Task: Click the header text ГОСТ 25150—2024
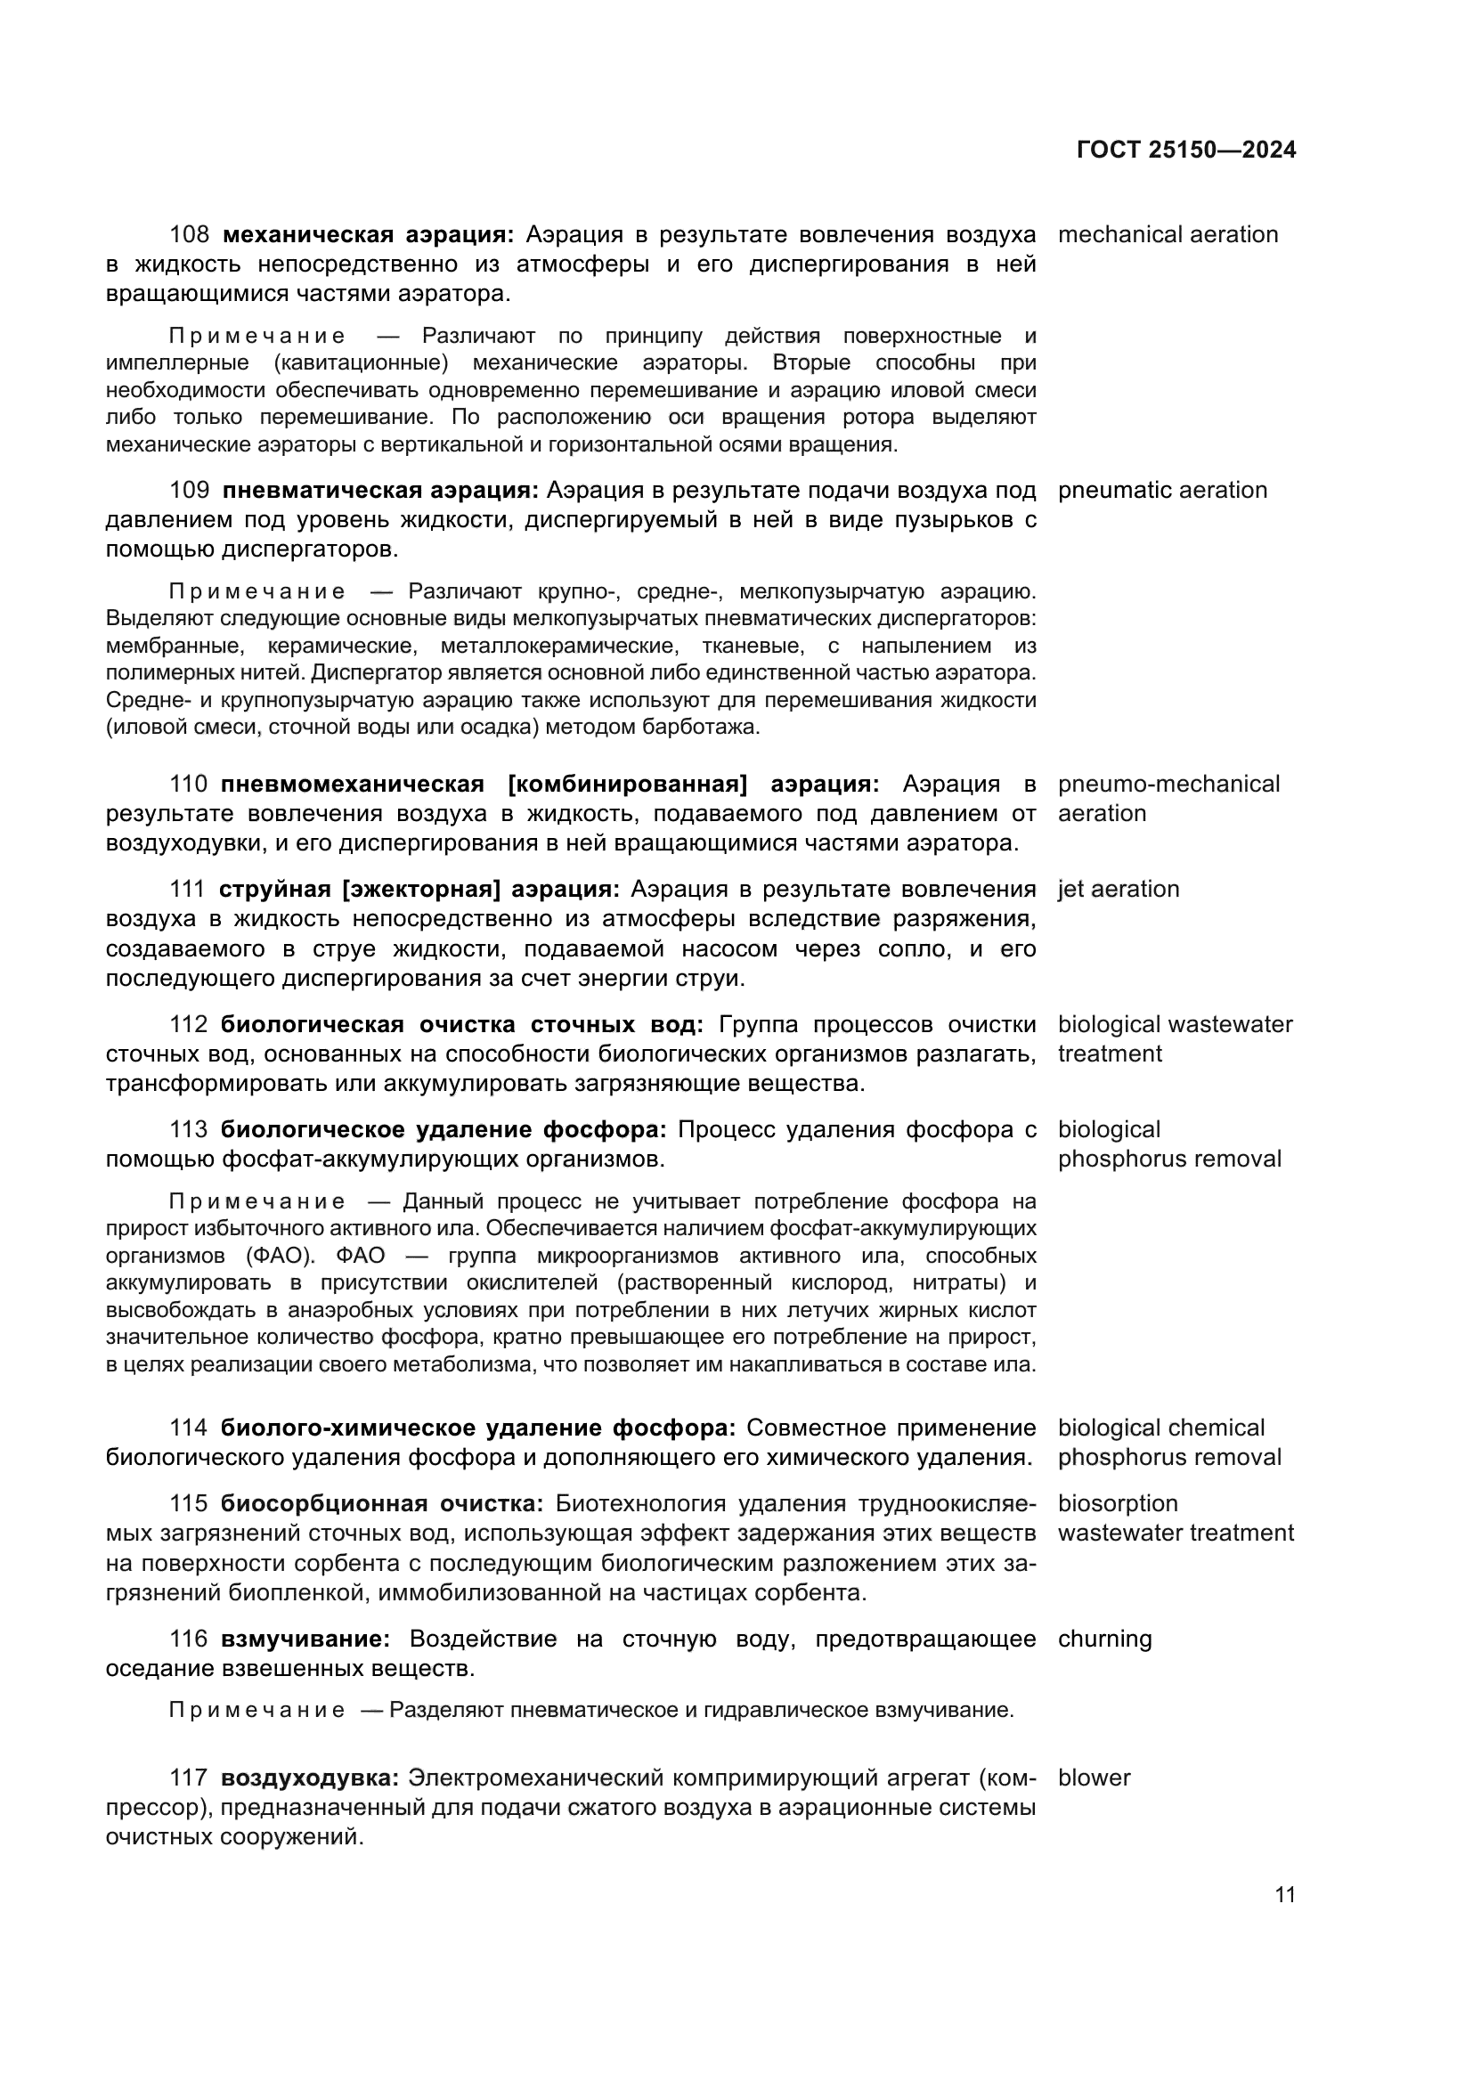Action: tap(1185, 151)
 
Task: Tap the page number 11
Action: tap(1284, 1895)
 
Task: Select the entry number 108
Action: tap(190, 235)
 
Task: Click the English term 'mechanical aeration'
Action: tap(1168, 235)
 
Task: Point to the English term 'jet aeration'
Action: tap(1118, 889)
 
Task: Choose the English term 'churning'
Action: tap(1103, 1640)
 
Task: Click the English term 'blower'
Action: tap(1094, 1778)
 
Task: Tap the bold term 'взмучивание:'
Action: tap(305, 1640)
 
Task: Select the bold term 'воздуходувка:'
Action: tap(310, 1778)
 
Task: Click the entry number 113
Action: tap(189, 1129)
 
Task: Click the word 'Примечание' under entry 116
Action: tap(256, 1710)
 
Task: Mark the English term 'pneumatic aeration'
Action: tap(1162, 491)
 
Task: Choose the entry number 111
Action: tap(188, 889)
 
